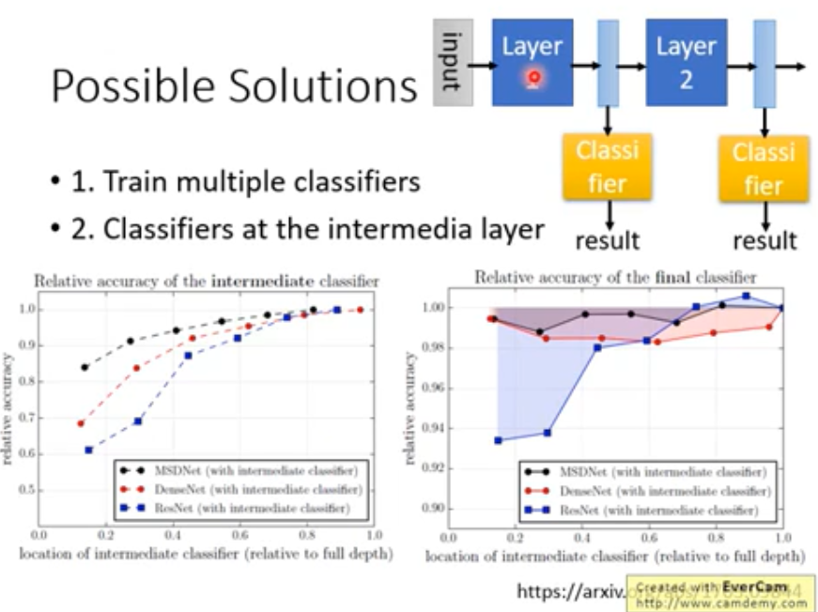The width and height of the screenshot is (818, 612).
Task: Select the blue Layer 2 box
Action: (x=686, y=62)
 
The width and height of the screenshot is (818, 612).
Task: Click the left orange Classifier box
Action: (x=607, y=166)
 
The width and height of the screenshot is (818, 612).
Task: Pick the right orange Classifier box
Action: (x=764, y=168)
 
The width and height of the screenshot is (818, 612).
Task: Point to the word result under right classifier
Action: (x=764, y=240)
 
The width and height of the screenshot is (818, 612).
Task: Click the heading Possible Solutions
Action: (x=233, y=86)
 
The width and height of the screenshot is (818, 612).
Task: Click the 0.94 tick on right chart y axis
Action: (x=432, y=429)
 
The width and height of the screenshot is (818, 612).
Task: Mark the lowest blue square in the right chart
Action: (x=498, y=440)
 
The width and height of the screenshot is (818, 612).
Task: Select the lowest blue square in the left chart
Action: (x=88, y=451)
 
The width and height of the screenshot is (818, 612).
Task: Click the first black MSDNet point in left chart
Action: (x=85, y=368)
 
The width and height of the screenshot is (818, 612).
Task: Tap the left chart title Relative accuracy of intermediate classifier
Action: (x=207, y=281)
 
